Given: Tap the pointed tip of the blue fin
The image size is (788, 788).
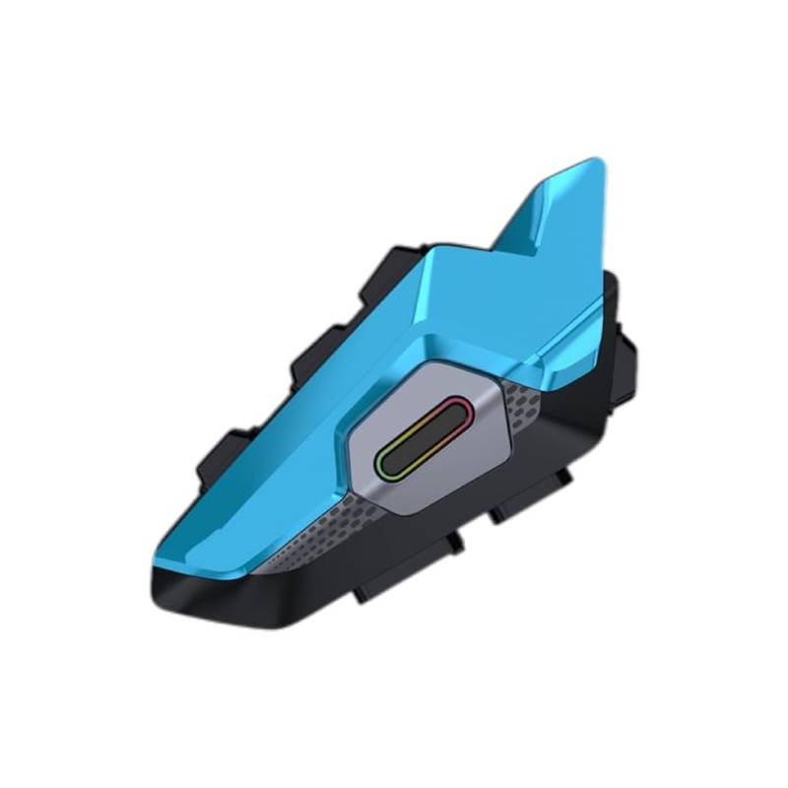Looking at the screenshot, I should click(591, 164).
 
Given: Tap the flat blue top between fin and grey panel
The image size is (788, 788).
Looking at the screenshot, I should click(463, 315).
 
